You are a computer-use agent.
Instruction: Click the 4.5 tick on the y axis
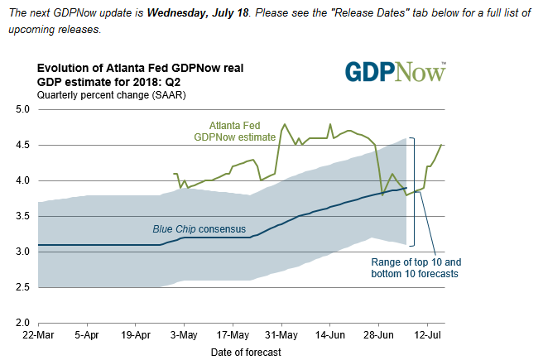22,145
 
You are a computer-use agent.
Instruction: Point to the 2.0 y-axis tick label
22,323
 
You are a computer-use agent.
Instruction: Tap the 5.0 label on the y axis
22,109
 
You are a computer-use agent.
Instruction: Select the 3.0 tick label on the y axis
22,252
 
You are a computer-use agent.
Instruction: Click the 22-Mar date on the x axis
37,338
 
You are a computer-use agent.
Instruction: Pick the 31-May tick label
281,338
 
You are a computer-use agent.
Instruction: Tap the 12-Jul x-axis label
427,338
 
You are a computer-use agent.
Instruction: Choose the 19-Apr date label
135,338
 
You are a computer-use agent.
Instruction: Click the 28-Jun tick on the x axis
379,338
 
